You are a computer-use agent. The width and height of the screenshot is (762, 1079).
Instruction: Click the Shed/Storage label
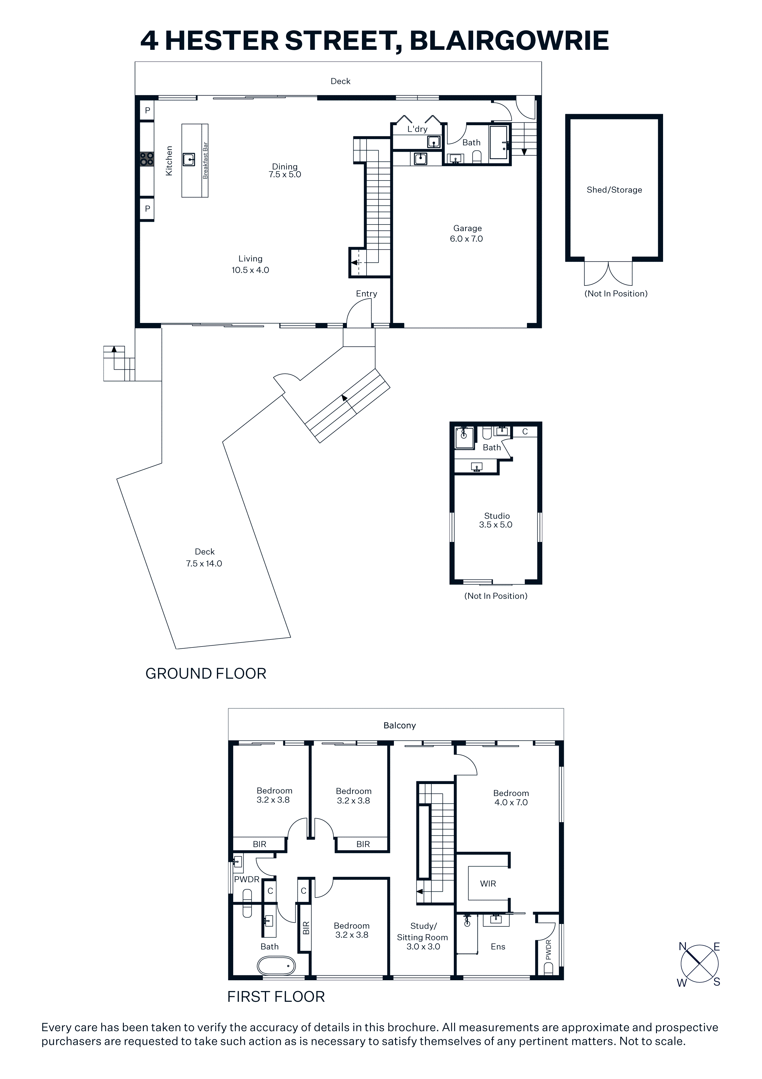614,190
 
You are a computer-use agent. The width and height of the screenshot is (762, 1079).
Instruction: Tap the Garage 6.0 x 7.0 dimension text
466,239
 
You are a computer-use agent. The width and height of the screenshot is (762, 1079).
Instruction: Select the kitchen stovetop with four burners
147,159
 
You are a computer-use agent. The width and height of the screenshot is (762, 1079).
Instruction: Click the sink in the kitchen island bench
189,159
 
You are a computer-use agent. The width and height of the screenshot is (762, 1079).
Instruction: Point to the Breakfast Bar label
205,160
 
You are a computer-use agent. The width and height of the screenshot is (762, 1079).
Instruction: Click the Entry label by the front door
366,294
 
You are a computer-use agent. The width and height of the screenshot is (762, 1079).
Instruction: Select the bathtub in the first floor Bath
276,966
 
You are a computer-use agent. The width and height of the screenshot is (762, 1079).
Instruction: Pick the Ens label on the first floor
498,946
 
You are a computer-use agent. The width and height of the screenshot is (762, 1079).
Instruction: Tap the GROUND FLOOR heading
206,673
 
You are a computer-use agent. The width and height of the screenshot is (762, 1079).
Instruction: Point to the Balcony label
399,726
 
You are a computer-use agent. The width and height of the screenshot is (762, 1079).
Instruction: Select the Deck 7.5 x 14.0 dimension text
204,563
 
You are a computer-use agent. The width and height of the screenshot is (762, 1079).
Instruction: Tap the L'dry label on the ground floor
417,129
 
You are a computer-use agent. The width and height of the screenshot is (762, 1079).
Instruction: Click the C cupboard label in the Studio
525,432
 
